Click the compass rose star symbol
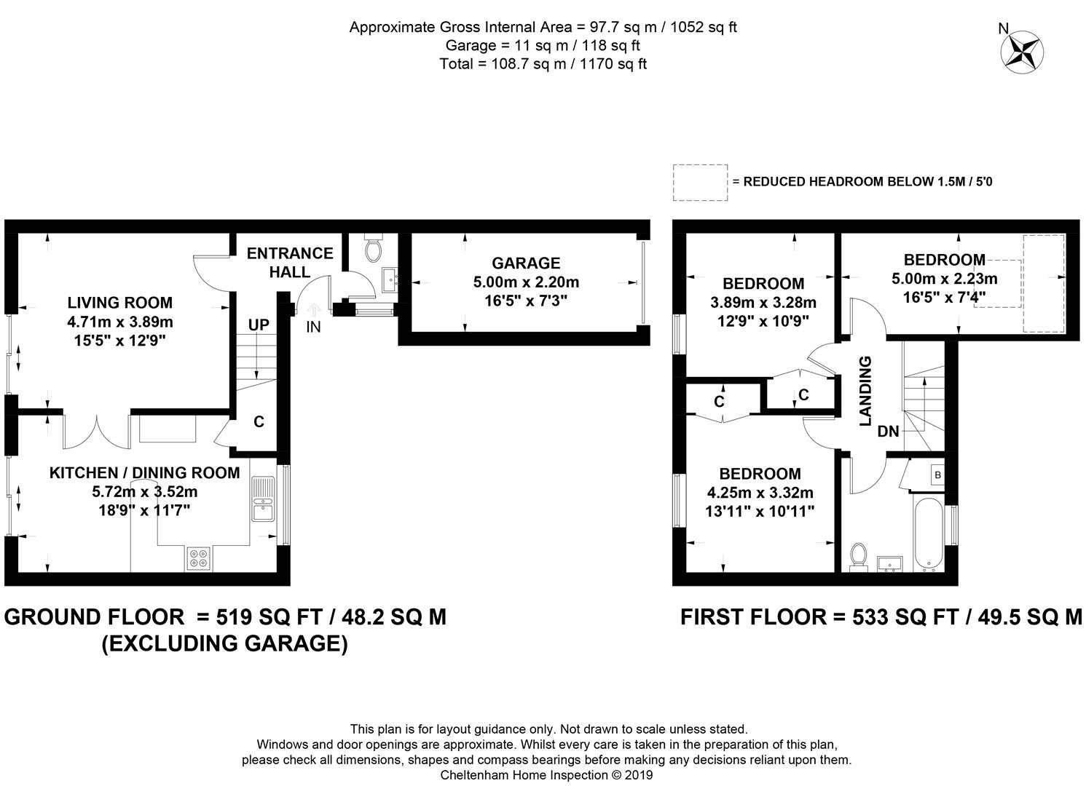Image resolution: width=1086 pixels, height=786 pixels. (1022, 52)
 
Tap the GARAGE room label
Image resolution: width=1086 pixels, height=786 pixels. (526, 263)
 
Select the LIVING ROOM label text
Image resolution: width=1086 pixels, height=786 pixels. (119, 303)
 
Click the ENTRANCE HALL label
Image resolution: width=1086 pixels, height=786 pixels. (290, 263)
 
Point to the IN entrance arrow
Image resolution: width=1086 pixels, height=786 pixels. (314, 310)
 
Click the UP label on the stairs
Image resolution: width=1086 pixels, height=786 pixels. (259, 325)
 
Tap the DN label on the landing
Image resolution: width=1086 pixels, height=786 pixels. (888, 431)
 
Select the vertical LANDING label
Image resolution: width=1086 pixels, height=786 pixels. (865, 392)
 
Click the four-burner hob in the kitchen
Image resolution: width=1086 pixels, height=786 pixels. (199, 558)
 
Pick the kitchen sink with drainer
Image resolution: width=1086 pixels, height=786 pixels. (263, 499)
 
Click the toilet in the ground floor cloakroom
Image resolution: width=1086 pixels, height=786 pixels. (373, 248)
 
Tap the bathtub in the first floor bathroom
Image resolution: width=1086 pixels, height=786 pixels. (928, 535)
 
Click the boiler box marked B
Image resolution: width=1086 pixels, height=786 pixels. (937, 475)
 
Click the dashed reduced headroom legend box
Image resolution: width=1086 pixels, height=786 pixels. (700, 183)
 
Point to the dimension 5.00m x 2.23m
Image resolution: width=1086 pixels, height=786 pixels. (945, 279)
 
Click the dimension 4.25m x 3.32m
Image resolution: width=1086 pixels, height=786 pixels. (760, 493)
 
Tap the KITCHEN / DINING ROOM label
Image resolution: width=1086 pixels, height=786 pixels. (144, 472)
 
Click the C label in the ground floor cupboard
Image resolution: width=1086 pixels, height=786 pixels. (259, 422)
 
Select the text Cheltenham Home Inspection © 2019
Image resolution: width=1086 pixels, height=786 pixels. (546, 775)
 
